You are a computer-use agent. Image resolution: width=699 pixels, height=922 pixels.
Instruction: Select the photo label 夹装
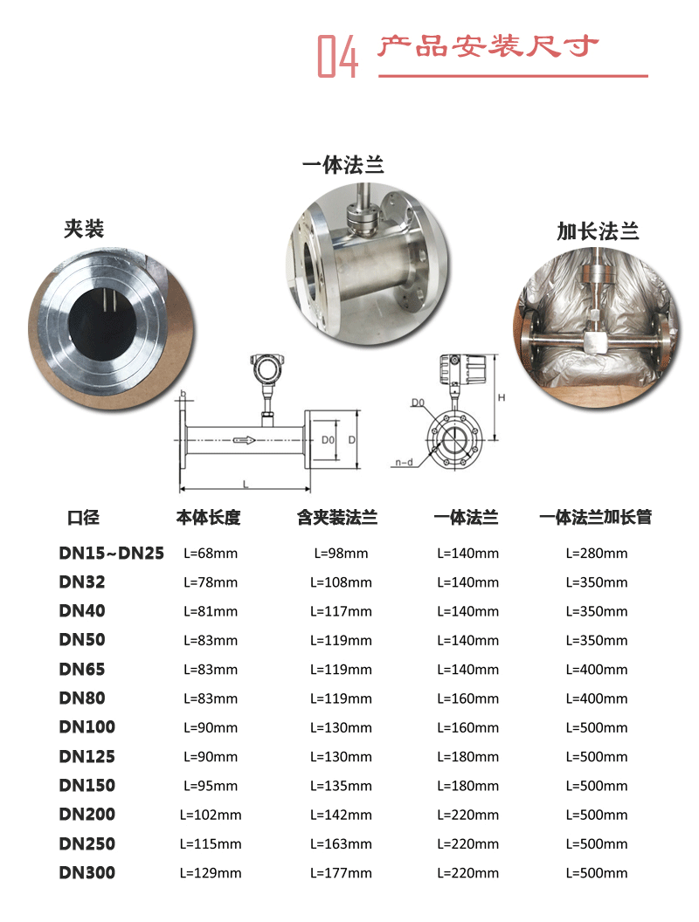coord(84,229)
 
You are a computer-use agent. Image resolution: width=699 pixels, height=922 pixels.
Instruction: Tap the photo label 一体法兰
coord(343,165)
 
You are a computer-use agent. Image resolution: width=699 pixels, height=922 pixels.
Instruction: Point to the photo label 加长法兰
coord(598,231)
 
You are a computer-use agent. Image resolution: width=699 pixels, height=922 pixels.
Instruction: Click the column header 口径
coord(84,518)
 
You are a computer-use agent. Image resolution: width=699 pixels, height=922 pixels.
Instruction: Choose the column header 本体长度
coord(208,518)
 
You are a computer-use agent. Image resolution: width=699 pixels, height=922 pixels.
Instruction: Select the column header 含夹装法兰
coord(337,518)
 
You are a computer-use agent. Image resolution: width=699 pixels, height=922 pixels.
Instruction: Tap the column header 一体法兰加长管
coord(596,518)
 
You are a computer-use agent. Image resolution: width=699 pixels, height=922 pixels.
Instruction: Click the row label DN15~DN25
coord(111,553)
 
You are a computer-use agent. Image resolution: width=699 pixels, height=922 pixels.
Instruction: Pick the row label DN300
coord(87,872)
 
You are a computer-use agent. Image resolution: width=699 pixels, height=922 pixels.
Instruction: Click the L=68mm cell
coord(211,554)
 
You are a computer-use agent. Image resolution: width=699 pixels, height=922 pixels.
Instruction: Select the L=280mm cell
coord(597,554)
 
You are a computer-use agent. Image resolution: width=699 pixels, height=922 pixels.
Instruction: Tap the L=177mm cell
coord(341,873)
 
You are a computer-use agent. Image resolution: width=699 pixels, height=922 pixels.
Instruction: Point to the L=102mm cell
coord(211,815)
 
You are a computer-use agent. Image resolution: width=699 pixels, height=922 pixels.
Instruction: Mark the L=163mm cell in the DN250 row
coord(341,844)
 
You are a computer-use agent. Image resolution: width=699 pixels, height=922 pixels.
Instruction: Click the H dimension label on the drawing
coord(502,397)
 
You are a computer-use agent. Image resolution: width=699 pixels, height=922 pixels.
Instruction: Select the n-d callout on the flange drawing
coord(403,462)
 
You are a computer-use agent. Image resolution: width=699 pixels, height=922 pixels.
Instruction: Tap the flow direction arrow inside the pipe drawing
coord(246,440)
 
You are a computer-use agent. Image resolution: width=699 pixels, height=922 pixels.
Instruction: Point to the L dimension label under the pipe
coord(246,483)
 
